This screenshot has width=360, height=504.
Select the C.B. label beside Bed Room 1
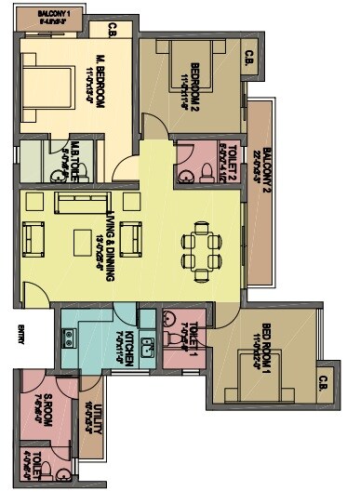click(x=323, y=379)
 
